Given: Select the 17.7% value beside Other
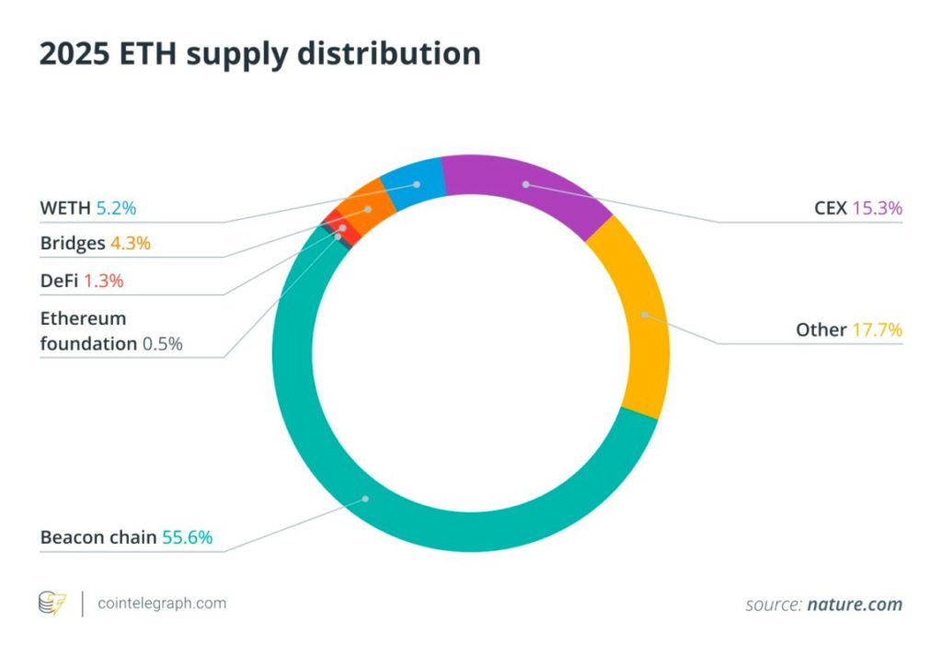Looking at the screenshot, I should tap(877, 329).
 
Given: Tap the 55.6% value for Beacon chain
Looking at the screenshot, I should tap(188, 537).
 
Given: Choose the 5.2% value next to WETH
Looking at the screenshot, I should tap(116, 208).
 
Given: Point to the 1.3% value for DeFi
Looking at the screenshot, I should tap(103, 281).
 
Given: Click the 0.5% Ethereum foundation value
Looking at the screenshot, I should tap(162, 344).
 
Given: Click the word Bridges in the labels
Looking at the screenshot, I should tap(73, 244).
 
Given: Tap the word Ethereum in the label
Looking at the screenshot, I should tap(83, 318).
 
